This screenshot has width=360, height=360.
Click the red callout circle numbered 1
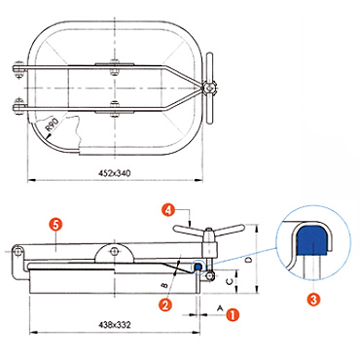233,314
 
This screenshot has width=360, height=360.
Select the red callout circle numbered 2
165,305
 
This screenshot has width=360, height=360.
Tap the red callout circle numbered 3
313,299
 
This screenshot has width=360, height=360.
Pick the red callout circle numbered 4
168,210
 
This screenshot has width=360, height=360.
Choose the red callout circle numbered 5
56,225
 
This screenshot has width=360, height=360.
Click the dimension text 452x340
115,173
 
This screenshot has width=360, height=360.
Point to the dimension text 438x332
115,325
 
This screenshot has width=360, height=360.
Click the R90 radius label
53,126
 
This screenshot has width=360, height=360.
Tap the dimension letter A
220,307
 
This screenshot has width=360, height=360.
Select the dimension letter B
164,285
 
